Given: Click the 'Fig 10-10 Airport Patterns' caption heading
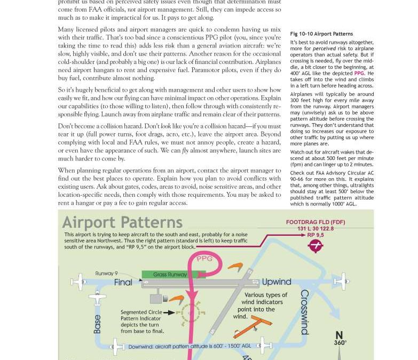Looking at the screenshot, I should point(321,34).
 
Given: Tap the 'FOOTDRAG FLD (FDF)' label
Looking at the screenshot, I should point(316,222).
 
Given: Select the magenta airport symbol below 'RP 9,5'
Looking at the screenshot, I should point(316,245).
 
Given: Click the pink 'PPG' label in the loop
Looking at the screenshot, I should point(204,259).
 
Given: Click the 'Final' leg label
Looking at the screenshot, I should point(123,282).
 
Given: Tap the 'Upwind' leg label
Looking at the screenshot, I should point(277,282).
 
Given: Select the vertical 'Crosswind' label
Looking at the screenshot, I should point(305,312).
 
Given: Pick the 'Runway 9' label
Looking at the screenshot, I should point(107,274).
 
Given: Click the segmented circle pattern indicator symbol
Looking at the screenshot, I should point(190,313).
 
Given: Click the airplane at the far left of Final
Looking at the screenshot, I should point(77,282).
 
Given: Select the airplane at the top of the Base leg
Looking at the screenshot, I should point(97,299).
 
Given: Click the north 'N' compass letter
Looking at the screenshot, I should point(339,335).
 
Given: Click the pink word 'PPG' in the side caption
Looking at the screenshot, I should point(359,74).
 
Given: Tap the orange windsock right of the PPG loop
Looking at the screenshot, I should point(235,266).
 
